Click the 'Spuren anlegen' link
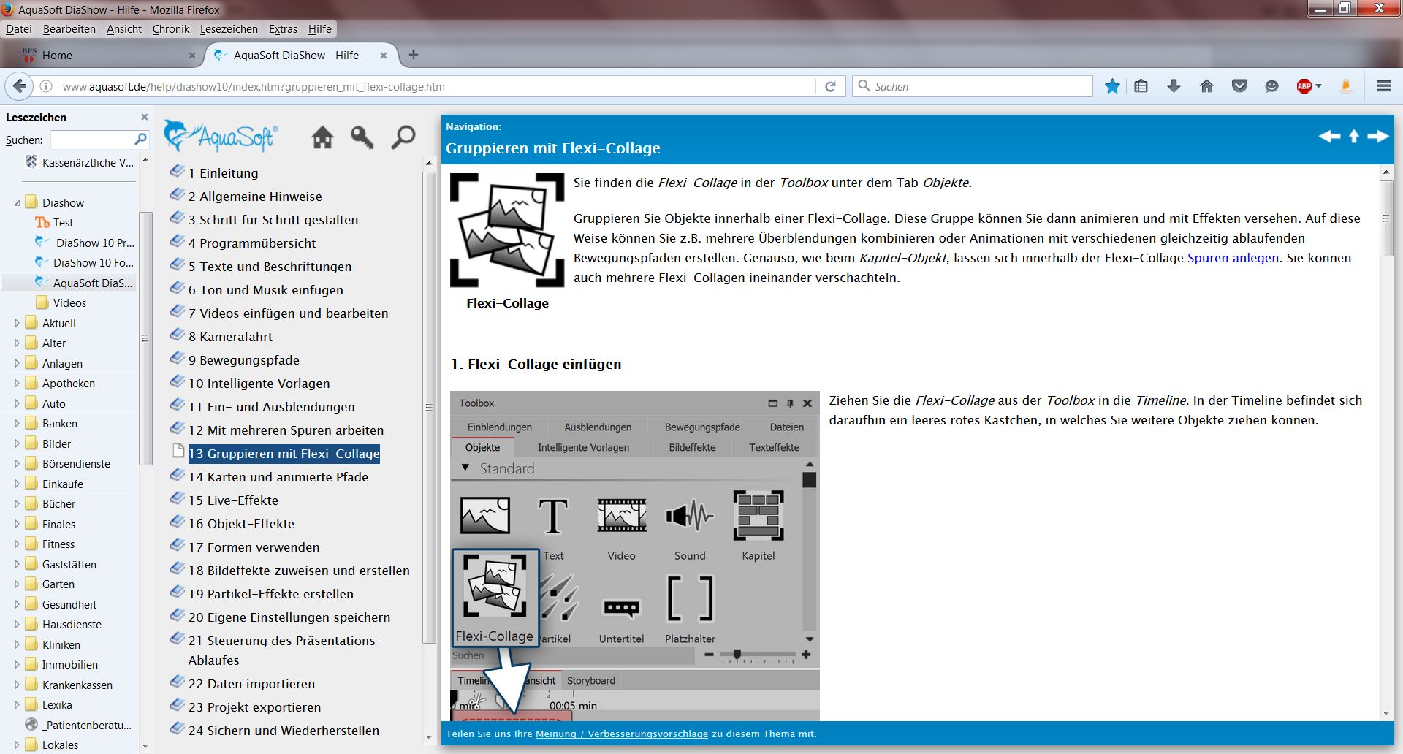pos(1233,258)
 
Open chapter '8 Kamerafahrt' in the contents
pos(230,337)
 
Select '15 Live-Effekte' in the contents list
pos(233,500)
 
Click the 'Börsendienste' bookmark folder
pos(76,464)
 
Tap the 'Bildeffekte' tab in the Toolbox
pos(692,447)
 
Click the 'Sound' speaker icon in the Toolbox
pos(689,516)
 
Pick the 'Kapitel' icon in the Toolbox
pos(758,516)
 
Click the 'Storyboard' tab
pos(591,680)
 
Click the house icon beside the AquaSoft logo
pos(322,137)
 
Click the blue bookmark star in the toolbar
pos(1112,86)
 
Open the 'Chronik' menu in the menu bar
pos(171,29)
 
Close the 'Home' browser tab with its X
pos(192,56)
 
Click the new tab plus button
pos(414,55)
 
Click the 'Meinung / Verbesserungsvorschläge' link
pos(622,734)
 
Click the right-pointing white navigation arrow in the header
pos(1378,137)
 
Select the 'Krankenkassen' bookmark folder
pos(77,685)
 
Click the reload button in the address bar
pos(830,86)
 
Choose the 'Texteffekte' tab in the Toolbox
pos(774,447)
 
